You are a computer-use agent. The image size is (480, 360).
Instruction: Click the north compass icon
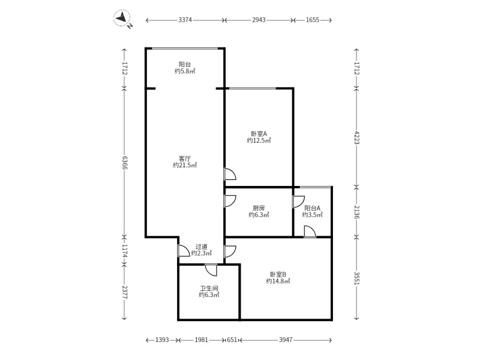point(123,19)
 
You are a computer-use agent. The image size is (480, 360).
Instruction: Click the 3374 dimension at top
point(185,20)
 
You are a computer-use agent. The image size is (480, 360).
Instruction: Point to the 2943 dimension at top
point(259,20)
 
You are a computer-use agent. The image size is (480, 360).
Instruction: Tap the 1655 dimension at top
point(313,20)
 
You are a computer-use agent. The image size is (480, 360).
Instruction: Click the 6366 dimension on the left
point(125,162)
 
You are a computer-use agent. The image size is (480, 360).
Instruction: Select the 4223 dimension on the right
point(356,137)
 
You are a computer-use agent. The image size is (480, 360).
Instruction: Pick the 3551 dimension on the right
point(356,278)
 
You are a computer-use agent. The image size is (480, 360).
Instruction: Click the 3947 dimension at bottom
point(285,340)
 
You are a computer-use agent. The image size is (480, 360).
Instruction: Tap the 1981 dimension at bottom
point(201,340)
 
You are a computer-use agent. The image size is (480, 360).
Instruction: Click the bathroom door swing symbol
point(211,270)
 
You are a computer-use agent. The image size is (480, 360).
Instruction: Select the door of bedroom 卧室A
point(230,175)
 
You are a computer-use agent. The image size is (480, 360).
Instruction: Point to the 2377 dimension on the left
point(125,292)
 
